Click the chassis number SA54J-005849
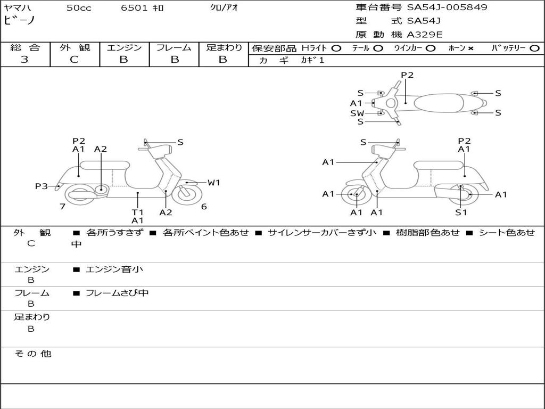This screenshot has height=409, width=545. coord(447,7)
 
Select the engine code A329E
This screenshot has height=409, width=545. coord(424,35)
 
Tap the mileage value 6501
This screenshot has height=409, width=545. coord(134,7)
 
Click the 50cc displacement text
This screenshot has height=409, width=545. coord(79,7)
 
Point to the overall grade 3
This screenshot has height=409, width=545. coord(24,60)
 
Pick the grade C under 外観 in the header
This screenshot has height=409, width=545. coord(75,60)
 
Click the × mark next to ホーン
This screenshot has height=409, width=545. coord(470,48)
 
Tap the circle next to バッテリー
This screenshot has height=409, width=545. coord(534,48)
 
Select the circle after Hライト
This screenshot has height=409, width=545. coord(336,48)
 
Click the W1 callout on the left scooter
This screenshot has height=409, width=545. coord(214,182)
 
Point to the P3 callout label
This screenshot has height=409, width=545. coord(42,186)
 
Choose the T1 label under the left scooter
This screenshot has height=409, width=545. coord(138,212)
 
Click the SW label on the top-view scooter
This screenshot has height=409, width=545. coord(357,113)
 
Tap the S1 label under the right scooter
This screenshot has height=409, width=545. coord(461,212)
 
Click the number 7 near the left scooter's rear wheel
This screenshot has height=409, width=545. coord(63,207)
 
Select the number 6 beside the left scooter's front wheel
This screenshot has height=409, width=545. coord(204,207)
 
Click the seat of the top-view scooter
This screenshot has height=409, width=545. coord(439,103)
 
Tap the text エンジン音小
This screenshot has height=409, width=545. coord(114,269)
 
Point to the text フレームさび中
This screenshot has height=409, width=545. coord(117,293)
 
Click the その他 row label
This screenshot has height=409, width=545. coord(33,354)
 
